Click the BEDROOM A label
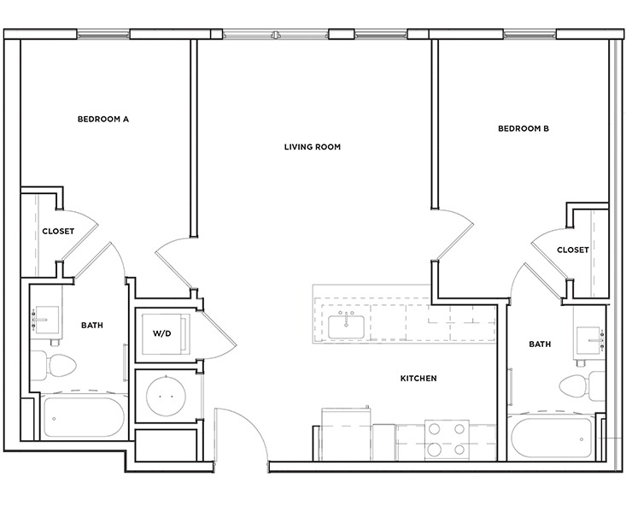[x=102, y=120]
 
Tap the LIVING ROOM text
[x=313, y=147]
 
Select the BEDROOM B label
[x=523, y=129]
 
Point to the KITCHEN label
[x=418, y=378]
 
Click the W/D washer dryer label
[x=162, y=333]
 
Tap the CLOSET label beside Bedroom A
[x=58, y=231]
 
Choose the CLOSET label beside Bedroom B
[x=572, y=250]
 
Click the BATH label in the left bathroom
[x=92, y=326]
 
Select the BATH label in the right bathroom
[x=540, y=344]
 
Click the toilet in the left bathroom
[x=54, y=364]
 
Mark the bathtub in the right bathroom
[x=554, y=438]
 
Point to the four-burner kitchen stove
[x=447, y=438]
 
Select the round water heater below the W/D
[x=167, y=397]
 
